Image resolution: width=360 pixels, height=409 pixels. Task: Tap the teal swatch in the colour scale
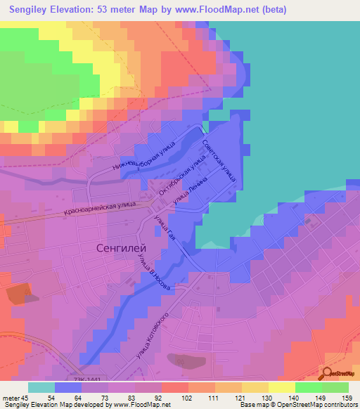(x=41, y=387)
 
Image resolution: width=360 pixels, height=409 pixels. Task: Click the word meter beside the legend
(x=11, y=397)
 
